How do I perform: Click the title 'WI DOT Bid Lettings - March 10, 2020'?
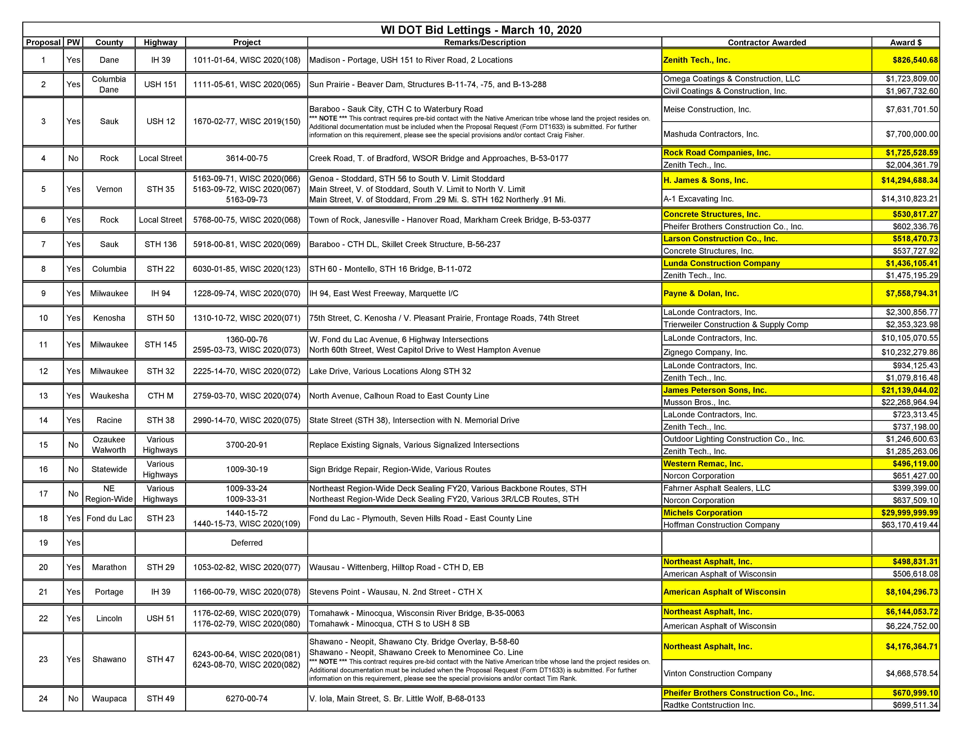(x=481, y=30)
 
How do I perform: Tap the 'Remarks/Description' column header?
(x=485, y=42)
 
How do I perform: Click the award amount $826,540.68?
(x=915, y=60)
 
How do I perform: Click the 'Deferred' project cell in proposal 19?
(x=247, y=542)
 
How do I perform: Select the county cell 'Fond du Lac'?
(x=109, y=518)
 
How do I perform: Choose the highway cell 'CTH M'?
(x=160, y=396)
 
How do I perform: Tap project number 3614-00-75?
(x=247, y=158)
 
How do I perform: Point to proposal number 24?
(x=43, y=699)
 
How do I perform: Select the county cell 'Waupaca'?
(x=109, y=699)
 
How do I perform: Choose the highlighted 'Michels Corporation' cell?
(x=702, y=513)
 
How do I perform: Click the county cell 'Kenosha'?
(x=109, y=318)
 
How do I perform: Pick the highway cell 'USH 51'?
(x=160, y=618)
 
